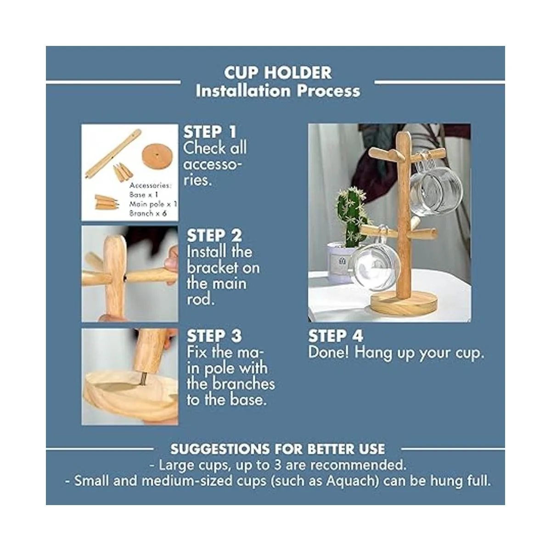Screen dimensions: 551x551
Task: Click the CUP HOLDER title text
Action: [278, 73]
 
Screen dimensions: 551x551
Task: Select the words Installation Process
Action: [278, 91]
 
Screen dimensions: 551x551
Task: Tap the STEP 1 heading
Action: [210, 132]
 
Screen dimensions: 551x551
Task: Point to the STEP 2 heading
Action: [214, 236]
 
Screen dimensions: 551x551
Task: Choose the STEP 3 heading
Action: [214, 336]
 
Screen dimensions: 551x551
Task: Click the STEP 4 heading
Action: [336, 336]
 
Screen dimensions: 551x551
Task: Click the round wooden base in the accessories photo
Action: [157, 157]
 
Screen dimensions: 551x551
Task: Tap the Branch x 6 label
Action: [147, 214]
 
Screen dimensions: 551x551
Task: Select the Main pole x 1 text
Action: [153, 204]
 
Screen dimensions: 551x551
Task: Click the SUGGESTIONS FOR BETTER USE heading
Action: [278, 449]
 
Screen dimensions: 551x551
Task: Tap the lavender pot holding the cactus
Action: [340, 261]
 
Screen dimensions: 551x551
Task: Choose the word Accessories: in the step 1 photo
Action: [151, 186]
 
